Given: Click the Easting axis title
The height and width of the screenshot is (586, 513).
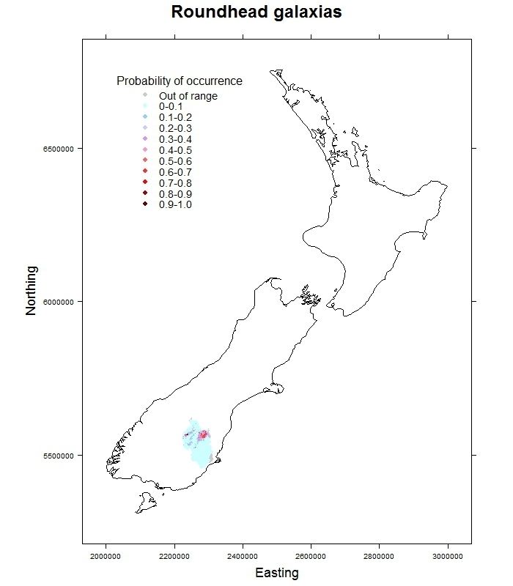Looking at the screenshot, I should (x=276, y=573).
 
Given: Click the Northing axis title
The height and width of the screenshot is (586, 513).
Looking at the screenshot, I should (x=31, y=291).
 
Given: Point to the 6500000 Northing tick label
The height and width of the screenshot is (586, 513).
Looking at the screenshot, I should (x=56, y=149).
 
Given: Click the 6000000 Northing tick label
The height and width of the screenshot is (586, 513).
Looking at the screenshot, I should (x=56, y=302).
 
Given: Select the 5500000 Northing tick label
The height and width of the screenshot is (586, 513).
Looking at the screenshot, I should (x=56, y=456).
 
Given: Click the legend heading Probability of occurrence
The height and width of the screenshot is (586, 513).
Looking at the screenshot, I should (x=180, y=81).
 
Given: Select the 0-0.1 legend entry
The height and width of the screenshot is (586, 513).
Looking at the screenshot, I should (x=171, y=107).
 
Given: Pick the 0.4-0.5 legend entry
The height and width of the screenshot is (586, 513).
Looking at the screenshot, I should (x=175, y=150).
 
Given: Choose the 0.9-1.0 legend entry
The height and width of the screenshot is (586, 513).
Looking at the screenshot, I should (x=175, y=204).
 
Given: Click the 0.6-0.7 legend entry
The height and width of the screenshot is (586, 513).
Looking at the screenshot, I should (x=175, y=172).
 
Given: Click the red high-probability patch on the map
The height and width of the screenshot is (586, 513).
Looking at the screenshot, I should (x=203, y=435).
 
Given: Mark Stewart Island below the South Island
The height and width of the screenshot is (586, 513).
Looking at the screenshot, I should (x=147, y=503).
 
